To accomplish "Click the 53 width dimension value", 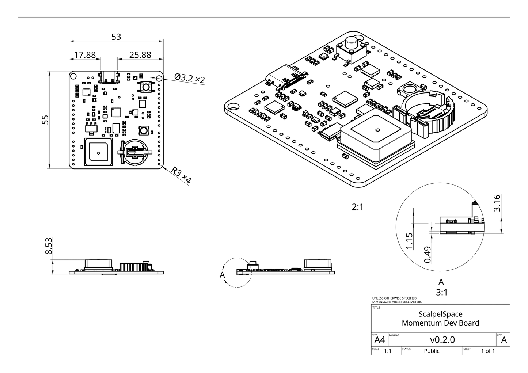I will [116, 37].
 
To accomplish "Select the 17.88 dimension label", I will [84, 55].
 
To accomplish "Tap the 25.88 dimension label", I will [140, 55].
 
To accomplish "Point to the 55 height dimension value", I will [45, 120].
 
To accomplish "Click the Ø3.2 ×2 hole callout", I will [189, 78].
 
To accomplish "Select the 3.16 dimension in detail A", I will [497, 203].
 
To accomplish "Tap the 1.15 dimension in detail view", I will [409, 241].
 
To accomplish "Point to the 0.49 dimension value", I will [428, 254].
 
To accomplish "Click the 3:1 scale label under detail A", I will [441, 292].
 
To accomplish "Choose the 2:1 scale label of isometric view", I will [357, 207].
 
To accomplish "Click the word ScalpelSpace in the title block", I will [440, 314].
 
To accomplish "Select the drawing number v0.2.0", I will [442, 340].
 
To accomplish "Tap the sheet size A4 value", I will [380, 340].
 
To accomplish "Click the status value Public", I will [432, 351].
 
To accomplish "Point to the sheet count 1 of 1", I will [488, 351].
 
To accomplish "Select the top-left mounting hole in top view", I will [73, 76].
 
